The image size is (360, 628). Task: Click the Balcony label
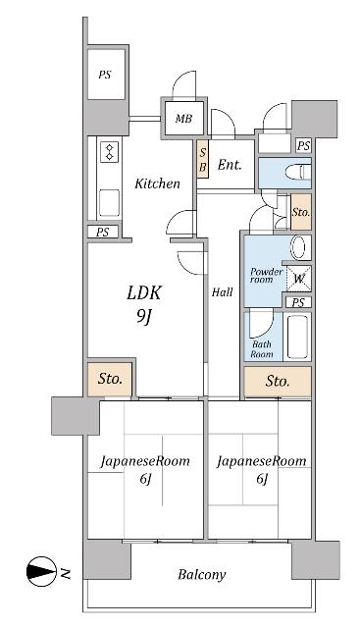(x=202, y=575)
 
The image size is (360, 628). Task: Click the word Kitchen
(x=157, y=183)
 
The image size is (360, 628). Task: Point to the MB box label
(x=183, y=120)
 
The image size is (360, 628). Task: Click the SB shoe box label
(x=202, y=159)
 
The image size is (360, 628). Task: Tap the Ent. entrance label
(x=230, y=165)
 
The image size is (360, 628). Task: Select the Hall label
(x=223, y=291)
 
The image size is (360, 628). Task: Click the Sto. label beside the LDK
(x=109, y=379)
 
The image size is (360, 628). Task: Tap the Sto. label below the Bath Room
(x=277, y=380)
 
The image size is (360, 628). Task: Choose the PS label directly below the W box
(x=297, y=302)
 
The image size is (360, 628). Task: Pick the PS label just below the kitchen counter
(x=103, y=233)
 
